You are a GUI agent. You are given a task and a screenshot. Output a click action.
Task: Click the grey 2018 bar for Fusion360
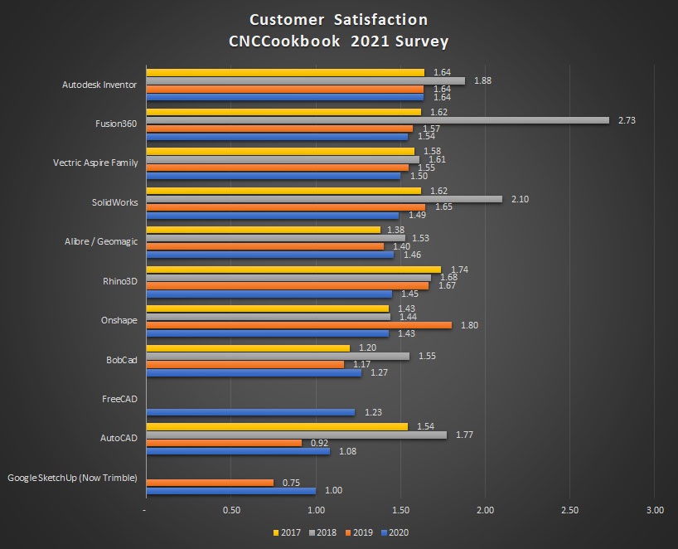(x=377, y=120)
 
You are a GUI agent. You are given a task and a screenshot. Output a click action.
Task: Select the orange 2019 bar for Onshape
(x=298, y=325)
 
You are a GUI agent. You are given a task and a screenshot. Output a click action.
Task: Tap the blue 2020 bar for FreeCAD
(x=249, y=412)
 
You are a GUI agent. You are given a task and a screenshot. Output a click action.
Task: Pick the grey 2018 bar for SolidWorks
(x=323, y=199)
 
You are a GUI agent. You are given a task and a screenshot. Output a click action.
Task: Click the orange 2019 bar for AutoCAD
(x=224, y=443)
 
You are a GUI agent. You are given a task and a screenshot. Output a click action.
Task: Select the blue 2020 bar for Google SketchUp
(x=230, y=491)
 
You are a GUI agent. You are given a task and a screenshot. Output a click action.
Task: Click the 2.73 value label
(x=627, y=120)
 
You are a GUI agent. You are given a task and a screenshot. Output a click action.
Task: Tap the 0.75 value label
(x=292, y=482)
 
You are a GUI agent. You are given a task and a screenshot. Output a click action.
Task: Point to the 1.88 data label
(x=482, y=80)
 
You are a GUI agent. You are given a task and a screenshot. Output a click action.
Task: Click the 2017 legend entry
(x=286, y=532)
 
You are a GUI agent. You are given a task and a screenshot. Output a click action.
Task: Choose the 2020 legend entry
(x=397, y=532)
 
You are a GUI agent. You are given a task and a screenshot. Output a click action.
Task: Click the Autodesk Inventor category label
(x=99, y=85)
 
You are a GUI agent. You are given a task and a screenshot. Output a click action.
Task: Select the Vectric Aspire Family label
(x=94, y=163)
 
